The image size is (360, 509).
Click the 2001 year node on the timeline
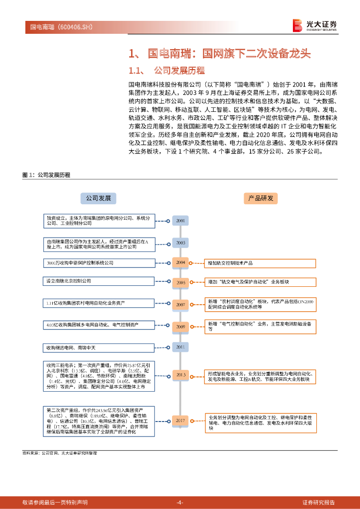coord(180,220)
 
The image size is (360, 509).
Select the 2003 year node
coord(180,243)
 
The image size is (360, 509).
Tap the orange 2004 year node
coord(180,262)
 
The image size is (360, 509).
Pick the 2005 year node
coord(180,282)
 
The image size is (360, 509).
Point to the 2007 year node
coord(180,304)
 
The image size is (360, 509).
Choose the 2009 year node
coord(180,327)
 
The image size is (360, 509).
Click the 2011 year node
coord(180,346)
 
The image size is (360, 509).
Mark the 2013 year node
coord(180,375)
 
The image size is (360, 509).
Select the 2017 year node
coord(180,421)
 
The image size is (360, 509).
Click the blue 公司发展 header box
coord(98,198)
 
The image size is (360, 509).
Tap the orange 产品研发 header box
coord(261,198)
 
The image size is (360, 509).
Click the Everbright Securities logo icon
coord(297,25)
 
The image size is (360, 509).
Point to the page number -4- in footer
coord(180,502)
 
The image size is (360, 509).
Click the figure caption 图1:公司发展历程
coord(47,175)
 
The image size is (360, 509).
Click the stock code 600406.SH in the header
coord(75,26)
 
